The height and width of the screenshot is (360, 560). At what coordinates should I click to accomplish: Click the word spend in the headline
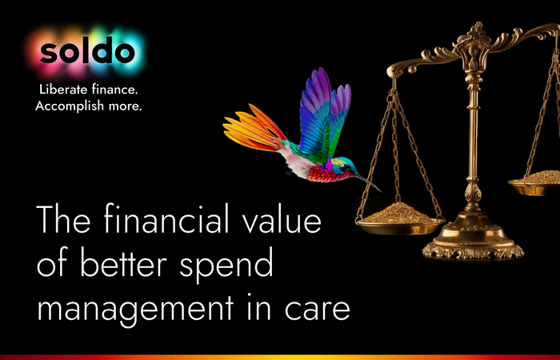[226, 266]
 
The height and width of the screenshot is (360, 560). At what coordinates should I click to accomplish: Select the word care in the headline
[317, 310]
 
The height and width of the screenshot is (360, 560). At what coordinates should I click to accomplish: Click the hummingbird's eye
[346, 166]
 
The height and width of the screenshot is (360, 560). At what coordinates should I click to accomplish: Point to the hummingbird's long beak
[369, 182]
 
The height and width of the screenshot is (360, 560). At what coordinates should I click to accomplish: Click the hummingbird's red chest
[323, 174]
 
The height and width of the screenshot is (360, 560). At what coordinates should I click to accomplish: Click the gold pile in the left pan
[399, 214]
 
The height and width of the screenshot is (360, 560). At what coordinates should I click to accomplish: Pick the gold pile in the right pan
[541, 178]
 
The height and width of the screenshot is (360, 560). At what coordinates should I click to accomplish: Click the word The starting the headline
[63, 218]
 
